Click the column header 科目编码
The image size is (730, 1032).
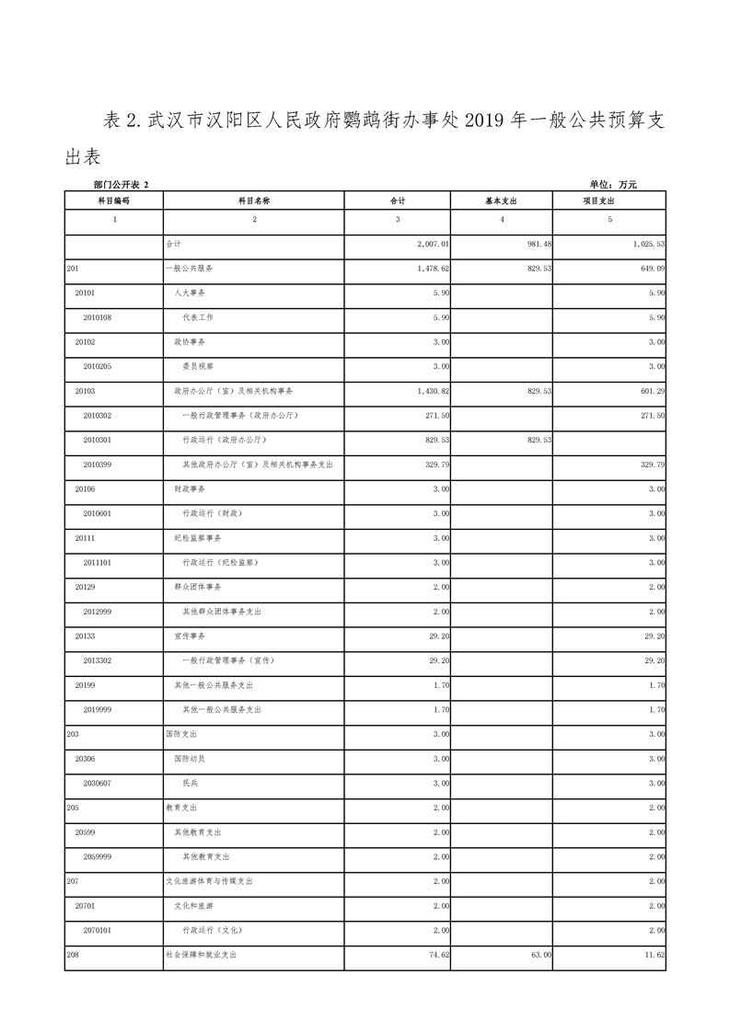pyautogui.click(x=113, y=200)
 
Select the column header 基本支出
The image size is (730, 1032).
pyautogui.click(x=501, y=200)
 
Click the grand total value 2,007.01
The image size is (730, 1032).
pyautogui.click(x=430, y=245)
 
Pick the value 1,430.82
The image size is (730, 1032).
pyautogui.click(x=430, y=391)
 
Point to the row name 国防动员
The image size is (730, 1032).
pyautogui.click(x=190, y=759)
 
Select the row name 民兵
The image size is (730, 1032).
pyautogui.click(x=191, y=783)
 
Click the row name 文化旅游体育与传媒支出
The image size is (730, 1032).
pyautogui.click(x=208, y=881)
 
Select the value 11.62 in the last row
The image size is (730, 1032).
pyautogui.click(x=655, y=956)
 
